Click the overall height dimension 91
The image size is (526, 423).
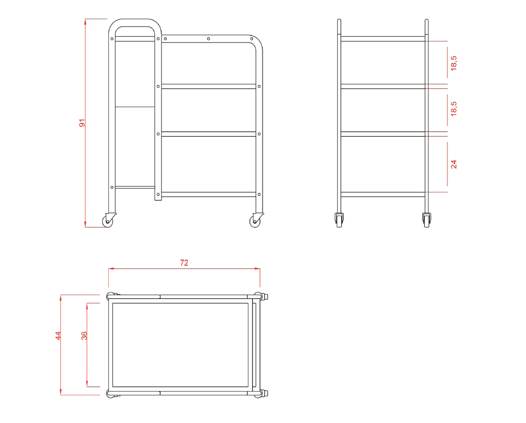pyautogui.click(x=82, y=123)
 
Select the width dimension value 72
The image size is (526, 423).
pyautogui.click(x=184, y=263)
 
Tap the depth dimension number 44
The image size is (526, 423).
pyautogui.click(x=58, y=336)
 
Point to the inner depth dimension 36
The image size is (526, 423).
pyautogui.click(x=84, y=336)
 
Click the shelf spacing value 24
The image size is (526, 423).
pyautogui.click(x=453, y=164)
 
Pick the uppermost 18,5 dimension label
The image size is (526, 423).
pyautogui.click(x=453, y=64)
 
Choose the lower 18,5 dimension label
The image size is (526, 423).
pyautogui.click(x=453, y=109)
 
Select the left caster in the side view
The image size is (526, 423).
pyautogui.click(x=339, y=220)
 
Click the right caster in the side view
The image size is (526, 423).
pyautogui.click(x=427, y=220)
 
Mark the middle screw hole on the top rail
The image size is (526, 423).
pyautogui.click(x=208, y=39)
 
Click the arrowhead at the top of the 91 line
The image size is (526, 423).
pyautogui.click(x=85, y=22)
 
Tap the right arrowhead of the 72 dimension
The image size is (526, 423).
pyautogui.click(x=257, y=268)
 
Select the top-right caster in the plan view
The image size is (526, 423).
pyautogui.click(x=261, y=297)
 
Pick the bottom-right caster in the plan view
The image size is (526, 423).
pyautogui.click(x=261, y=393)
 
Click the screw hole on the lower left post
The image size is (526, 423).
pyautogui.click(x=112, y=187)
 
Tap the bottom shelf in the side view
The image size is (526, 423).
pyautogui.click(x=383, y=194)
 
